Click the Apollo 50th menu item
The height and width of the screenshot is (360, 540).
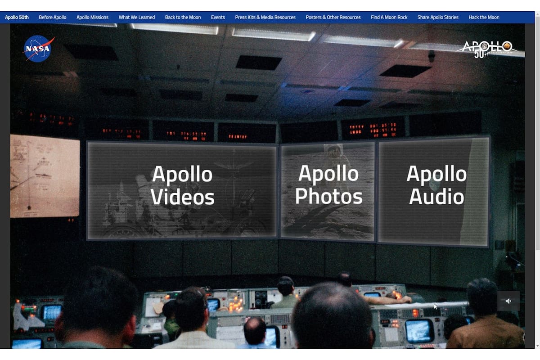click(17, 18)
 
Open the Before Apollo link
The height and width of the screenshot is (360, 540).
click(53, 18)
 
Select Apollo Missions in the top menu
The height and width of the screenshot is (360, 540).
click(92, 18)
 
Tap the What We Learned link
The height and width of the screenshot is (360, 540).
click(137, 18)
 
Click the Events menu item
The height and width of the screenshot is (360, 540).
click(218, 18)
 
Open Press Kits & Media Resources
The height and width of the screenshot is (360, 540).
click(265, 18)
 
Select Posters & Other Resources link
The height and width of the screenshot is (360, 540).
click(333, 18)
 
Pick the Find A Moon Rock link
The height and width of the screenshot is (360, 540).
click(389, 18)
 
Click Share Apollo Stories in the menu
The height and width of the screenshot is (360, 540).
click(438, 18)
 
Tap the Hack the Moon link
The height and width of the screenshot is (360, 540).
click(484, 18)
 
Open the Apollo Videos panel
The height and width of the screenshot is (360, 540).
click(182, 190)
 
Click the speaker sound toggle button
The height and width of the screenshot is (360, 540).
click(508, 301)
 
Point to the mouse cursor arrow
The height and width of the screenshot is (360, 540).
click(435, 306)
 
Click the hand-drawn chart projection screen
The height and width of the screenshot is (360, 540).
click(45, 175)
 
